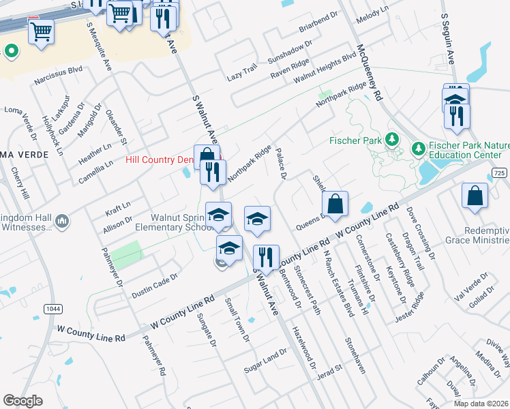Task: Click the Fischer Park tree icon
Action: [392, 140]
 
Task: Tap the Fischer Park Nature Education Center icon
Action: [418, 148]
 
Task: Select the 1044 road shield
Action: [52, 309]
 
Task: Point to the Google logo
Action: [23, 401]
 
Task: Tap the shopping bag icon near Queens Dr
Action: [335, 204]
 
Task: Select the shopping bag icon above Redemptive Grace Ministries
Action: [475, 196]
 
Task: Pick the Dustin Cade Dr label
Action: [154, 286]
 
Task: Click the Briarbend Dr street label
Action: [318, 22]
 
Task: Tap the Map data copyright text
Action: [481, 404]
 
